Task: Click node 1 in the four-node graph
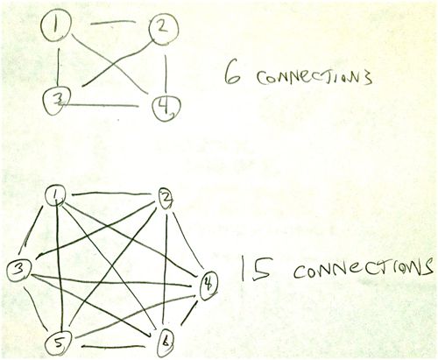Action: click(55, 27)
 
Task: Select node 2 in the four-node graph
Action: click(164, 29)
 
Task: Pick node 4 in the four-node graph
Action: click(166, 107)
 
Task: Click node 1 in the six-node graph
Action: click(54, 196)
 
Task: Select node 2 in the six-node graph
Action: click(166, 198)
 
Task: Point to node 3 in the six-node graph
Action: click(19, 271)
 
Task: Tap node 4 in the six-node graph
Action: click(208, 285)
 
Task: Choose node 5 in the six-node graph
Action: click(58, 342)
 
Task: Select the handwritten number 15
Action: click(255, 269)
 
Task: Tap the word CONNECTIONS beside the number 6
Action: click(314, 78)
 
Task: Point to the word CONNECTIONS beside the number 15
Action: click(363, 268)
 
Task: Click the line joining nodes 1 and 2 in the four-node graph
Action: click(113, 22)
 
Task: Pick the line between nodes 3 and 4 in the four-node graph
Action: click(99, 104)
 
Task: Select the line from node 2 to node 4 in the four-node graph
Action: click(166, 74)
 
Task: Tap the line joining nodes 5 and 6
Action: click(113, 347)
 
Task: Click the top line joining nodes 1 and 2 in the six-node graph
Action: click(109, 193)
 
